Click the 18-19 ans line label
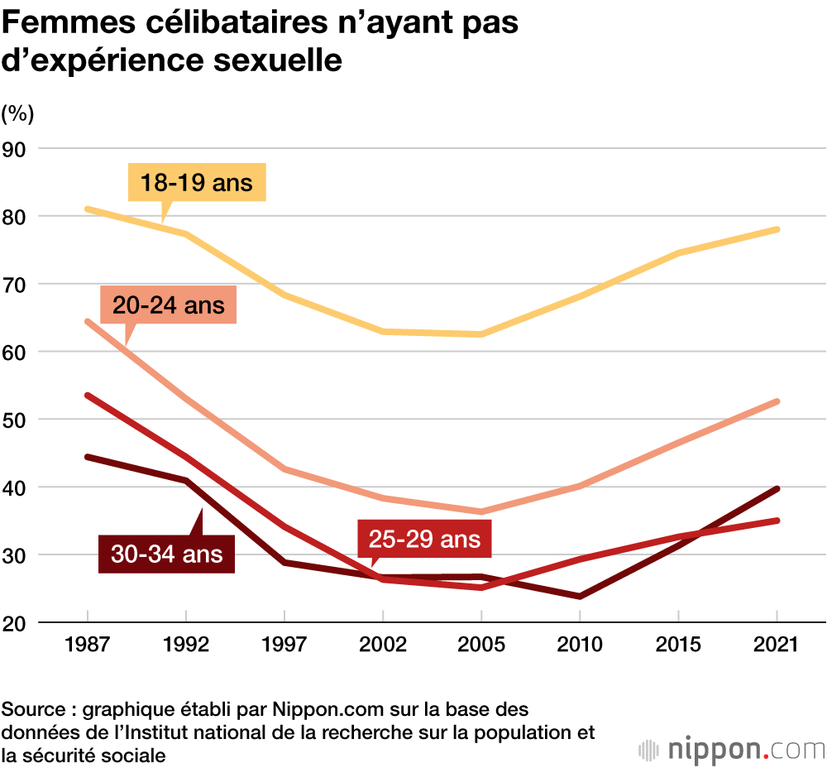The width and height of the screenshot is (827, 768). (x=197, y=182)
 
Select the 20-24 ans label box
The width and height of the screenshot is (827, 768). (x=169, y=305)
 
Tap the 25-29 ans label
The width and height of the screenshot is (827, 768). (x=424, y=540)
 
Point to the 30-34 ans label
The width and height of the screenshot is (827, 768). (x=167, y=552)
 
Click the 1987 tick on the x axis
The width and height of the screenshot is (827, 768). (x=87, y=645)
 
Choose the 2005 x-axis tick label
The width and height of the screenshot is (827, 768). (x=481, y=645)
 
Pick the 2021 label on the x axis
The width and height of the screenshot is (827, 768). (x=777, y=645)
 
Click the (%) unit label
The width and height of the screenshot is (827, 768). (x=17, y=111)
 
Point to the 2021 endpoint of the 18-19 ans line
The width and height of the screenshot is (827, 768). (x=777, y=229)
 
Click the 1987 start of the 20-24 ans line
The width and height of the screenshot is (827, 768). (x=88, y=321)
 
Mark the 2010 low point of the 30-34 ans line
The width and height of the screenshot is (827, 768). (x=580, y=596)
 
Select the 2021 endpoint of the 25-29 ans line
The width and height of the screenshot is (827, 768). (x=777, y=521)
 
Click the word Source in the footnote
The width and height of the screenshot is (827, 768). (x=31, y=710)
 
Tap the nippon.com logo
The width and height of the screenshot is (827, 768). (x=732, y=750)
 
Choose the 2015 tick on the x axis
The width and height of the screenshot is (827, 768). (x=678, y=645)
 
